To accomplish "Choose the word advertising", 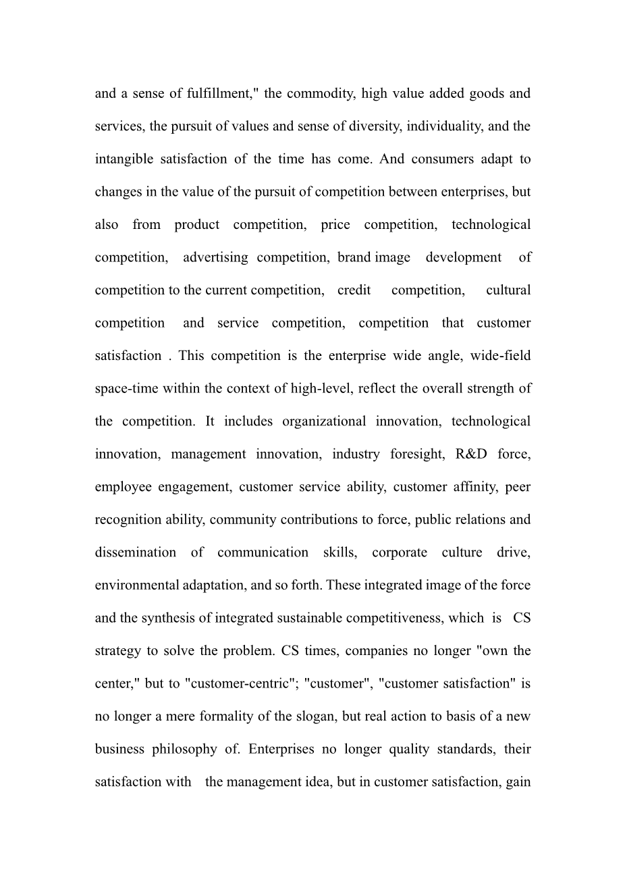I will coord(215,257).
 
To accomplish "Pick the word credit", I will coord(354,290).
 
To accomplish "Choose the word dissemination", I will coord(135,552).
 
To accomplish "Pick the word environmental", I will coord(137,585).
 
